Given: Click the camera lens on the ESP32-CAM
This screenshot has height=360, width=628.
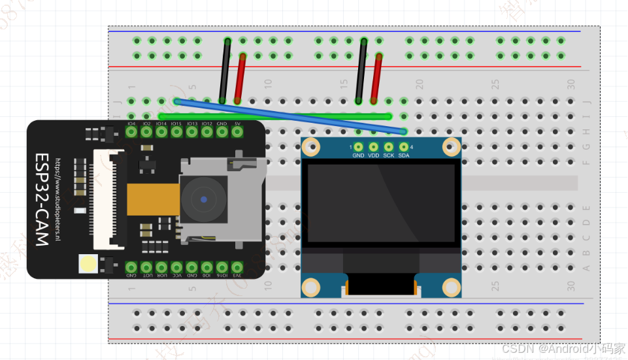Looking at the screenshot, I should pyautogui.click(x=204, y=199).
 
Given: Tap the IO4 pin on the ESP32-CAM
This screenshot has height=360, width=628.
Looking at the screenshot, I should pyautogui.click(x=131, y=131).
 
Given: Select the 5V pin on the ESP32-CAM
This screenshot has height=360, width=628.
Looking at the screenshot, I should pyautogui.click(x=237, y=131).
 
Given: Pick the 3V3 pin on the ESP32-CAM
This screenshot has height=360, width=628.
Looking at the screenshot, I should pyautogui.click(x=237, y=267).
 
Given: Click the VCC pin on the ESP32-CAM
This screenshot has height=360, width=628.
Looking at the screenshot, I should pyautogui.click(x=176, y=267).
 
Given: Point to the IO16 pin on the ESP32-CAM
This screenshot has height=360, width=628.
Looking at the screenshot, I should pyautogui.click(x=222, y=267).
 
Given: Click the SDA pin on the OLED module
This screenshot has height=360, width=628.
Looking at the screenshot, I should pyautogui.click(x=404, y=148).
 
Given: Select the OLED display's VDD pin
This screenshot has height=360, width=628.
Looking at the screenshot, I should pyautogui.click(x=374, y=148).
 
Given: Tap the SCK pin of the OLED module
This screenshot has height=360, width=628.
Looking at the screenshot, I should pyautogui.click(x=389, y=148).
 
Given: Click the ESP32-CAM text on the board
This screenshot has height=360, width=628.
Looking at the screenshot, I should pyautogui.click(x=42, y=200).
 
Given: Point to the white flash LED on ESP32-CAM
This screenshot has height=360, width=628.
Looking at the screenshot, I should pyautogui.click(x=87, y=263).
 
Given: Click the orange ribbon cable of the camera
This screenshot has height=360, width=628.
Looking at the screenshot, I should pyautogui.click(x=153, y=199).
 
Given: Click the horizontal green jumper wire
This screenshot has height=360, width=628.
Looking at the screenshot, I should pyautogui.click(x=274, y=116).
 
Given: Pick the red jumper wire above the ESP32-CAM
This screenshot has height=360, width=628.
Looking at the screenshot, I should pyautogui.click(x=240, y=78).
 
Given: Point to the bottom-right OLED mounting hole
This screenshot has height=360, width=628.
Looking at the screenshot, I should pyautogui.click(x=451, y=286).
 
